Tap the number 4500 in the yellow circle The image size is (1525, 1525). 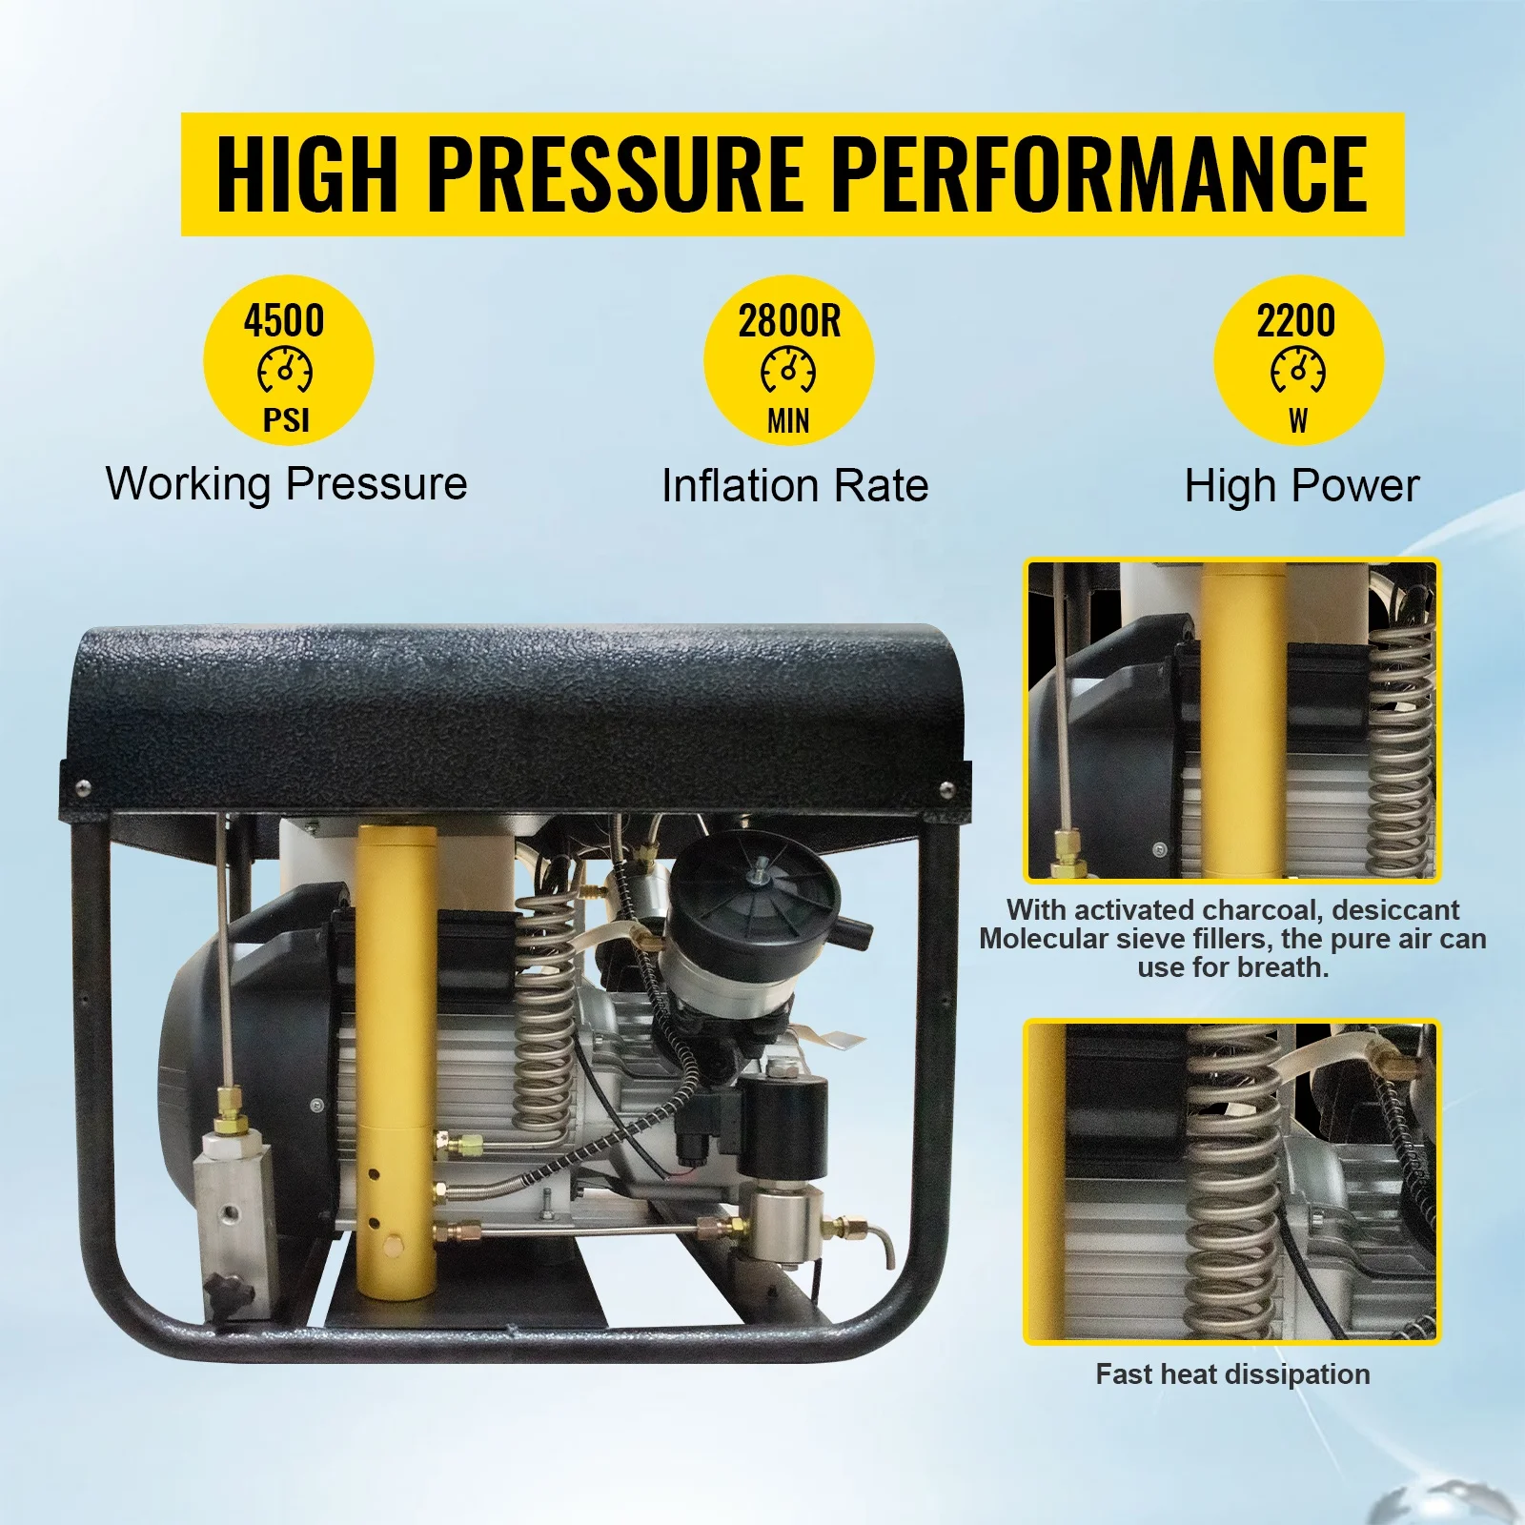284,321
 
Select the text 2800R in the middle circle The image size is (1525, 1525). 789,321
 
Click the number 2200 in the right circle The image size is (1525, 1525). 1296,321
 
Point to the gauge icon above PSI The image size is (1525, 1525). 285,370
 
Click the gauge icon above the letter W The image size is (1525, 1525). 1298,370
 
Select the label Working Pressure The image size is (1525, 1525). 286,483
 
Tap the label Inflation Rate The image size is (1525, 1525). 794,485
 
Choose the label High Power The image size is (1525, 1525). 1301,485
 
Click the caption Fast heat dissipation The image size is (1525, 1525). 1232,1373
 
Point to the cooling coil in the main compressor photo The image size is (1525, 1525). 545,1010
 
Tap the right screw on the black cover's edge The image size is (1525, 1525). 946,788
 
